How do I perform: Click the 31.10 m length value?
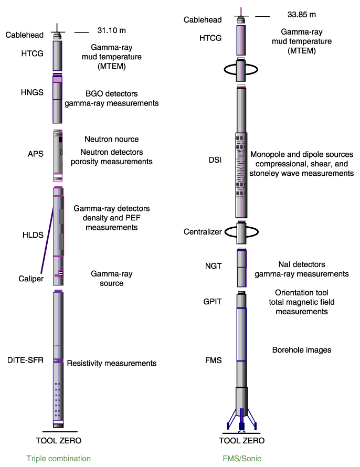111,30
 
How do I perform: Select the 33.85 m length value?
301,15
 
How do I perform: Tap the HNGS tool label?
32,92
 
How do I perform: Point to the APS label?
36,154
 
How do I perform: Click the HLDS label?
33,235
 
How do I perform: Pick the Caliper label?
31,279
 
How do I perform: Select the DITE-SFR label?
25,360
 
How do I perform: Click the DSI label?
215,160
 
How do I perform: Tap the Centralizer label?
203,232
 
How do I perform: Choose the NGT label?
213,266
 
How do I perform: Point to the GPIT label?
213,302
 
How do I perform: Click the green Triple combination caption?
59,459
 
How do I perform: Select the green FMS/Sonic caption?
242,459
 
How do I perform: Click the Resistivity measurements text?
112,363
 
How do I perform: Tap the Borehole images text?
302,350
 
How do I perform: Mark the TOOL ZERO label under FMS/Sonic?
242,440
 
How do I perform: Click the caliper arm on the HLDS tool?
47,240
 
